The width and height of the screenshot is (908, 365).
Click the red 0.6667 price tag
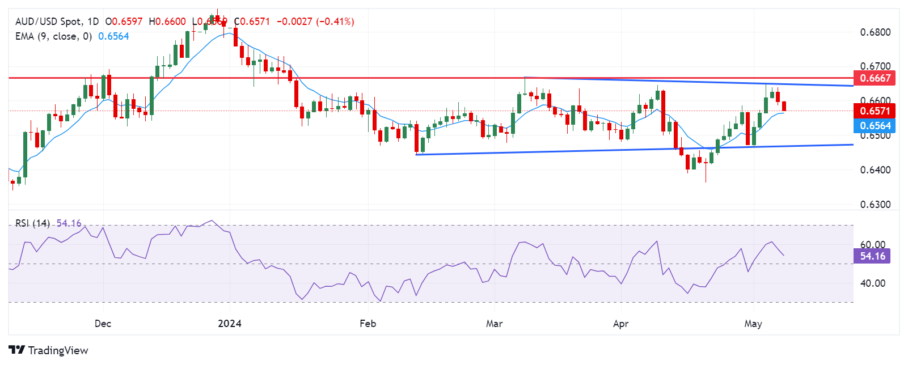coord(875,78)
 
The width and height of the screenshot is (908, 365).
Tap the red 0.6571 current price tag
coord(875,111)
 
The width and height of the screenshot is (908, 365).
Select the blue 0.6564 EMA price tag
coord(875,126)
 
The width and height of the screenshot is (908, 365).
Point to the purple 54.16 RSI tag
coord(872,256)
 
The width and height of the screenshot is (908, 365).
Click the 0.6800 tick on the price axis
coord(875,32)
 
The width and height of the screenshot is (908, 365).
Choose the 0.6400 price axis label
coord(875,170)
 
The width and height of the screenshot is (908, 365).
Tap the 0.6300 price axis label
coord(875,205)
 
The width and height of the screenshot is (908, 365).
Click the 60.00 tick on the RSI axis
coord(873,245)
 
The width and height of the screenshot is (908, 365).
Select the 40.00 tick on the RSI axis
coord(873,283)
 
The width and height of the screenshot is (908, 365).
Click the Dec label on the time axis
coord(103,324)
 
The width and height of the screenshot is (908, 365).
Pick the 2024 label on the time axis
coord(230,324)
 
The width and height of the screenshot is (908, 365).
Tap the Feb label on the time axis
coord(368,324)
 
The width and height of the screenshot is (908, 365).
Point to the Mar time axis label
coord(494,324)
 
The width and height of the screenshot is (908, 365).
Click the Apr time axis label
coord(621,324)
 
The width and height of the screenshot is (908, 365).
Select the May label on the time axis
coord(753,324)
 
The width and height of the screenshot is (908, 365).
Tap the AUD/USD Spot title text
coord(49,22)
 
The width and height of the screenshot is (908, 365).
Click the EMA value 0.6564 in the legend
coord(113,36)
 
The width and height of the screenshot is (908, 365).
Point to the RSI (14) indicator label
coord(32,223)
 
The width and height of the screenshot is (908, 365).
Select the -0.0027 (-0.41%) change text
coord(315,22)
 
